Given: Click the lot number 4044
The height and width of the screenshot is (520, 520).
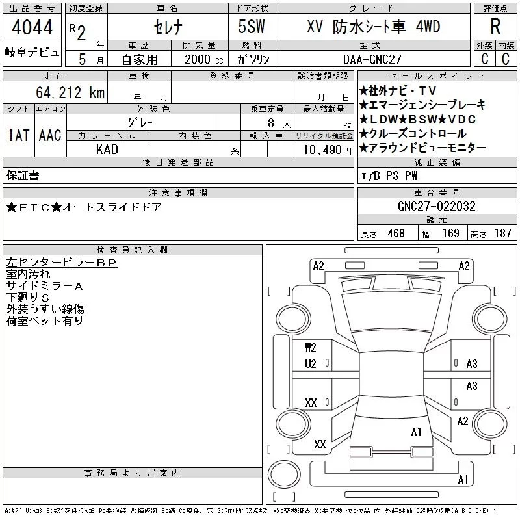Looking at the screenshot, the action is click(32, 27).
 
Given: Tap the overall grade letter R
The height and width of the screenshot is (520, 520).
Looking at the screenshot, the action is click(495, 27).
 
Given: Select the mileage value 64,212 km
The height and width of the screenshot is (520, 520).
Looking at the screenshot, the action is click(70, 92).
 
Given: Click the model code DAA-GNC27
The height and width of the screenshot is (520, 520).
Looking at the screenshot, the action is click(372, 59).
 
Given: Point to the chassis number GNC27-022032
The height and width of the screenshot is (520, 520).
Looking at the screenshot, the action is click(436, 206).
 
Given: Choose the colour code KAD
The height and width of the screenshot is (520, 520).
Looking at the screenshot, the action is click(107, 149).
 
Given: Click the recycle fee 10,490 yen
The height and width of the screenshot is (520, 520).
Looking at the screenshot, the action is click(328, 150).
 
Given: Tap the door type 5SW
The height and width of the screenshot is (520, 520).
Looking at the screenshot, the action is click(252, 27).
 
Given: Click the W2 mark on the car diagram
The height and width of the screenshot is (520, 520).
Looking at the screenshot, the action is click(311, 348).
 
